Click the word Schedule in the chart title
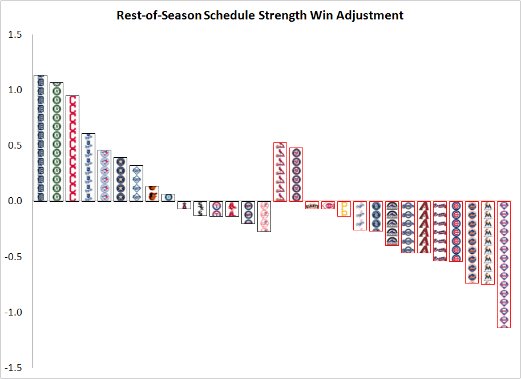click(x=229, y=15)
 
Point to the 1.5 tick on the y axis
click(x=15, y=35)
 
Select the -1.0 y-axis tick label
click(x=13, y=313)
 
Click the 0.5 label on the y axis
click(x=15, y=146)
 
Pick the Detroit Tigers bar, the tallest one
click(x=41, y=138)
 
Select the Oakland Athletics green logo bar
click(x=56, y=142)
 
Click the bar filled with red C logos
click(x=72, y=149)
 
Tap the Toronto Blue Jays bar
click(x=104, y=175)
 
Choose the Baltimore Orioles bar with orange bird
click(x=152, y=194)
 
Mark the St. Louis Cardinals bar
click(x=280, y=172)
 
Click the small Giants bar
click(x=312, y=205)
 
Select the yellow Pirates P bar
click(x=344, y=209)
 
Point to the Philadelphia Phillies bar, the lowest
click(x=504, y=265)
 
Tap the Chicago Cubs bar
click(x=456, y=232)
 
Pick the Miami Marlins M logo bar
click(x=488, y=243)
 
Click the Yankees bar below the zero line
click(x=264, y=216)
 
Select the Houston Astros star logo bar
click(x=120, y=179)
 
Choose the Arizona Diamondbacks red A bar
click(x=424, y=228)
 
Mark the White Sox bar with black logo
click(x=200, y=208)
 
